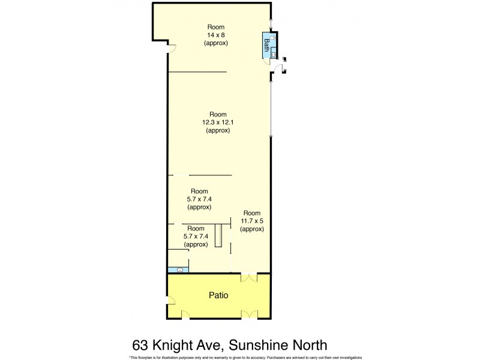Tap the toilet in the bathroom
click(273, 37)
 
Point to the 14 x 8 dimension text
click(216, 35)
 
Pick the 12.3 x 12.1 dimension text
click(217, 122)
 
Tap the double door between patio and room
click(249, 277)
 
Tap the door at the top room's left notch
click(172, 49)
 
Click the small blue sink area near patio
click(179, 270)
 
